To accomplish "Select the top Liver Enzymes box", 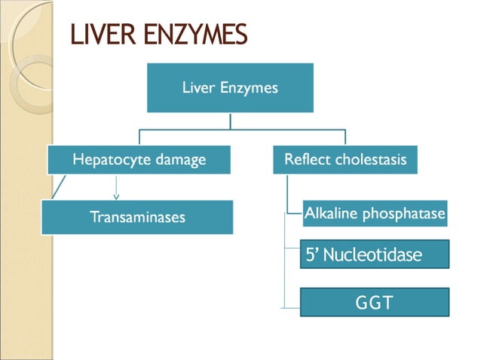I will [x=230, y=88].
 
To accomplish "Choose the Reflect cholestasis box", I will [x=345, y=160].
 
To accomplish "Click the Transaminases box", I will [x=137, y=217].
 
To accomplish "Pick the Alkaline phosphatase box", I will [x=375, y=214].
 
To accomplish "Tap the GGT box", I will [x=375, y=303].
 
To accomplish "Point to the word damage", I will [x=184, y=160].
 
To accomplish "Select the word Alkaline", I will [x=329, y=214].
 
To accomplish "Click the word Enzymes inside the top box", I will [x=253, y=87].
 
